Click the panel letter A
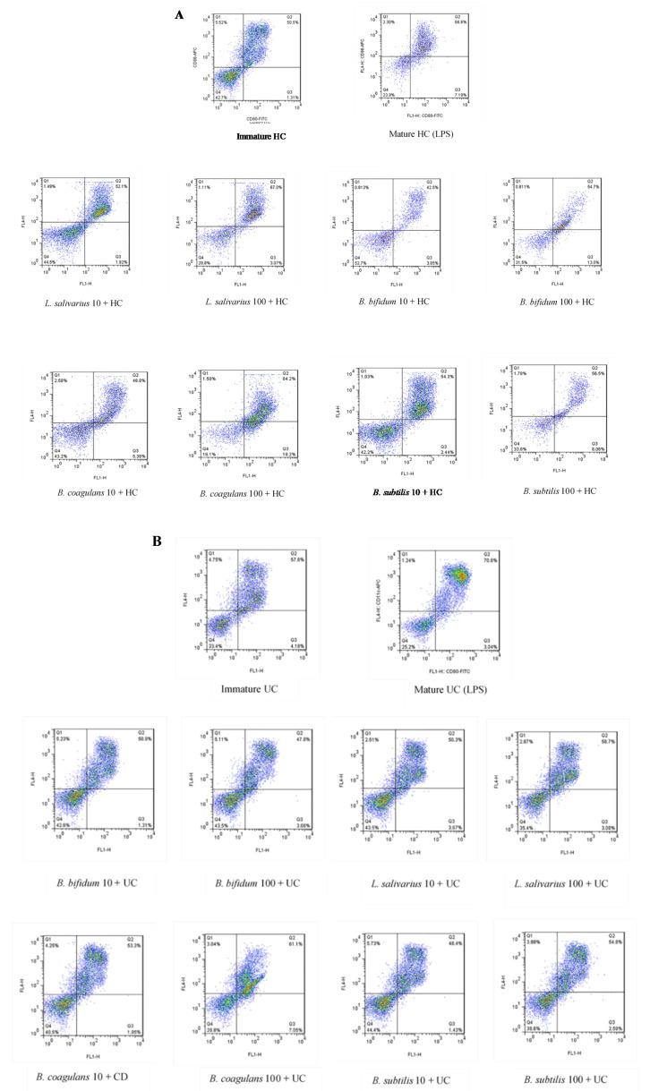point(179,15)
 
